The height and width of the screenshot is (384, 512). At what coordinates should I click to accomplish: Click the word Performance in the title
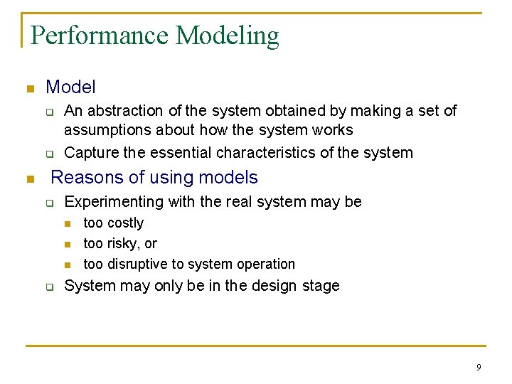pos(100,36)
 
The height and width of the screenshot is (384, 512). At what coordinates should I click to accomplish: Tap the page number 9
pos(479,367)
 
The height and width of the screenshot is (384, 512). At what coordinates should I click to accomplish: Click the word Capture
pos(90,152)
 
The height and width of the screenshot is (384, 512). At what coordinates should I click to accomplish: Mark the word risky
pos(122,243)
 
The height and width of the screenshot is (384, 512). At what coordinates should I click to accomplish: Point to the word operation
pos(264,265)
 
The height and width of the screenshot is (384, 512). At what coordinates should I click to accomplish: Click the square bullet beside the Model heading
pos(29,89)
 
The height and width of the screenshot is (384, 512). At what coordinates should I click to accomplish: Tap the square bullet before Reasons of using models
pos(29,178)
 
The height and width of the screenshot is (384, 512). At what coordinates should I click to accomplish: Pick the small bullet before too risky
pos(68,244)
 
